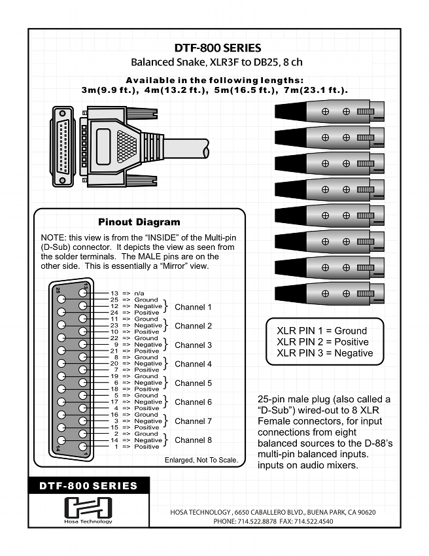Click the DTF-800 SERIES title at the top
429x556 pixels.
pyautogui.click(x=218, y=48)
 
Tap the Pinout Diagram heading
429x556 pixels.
pyautogui.click(x=139, y=222)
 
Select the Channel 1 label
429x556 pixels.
pyautogui.click(x=193, y=306)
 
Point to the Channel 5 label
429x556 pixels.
pyautogui.click(x=193, y=383)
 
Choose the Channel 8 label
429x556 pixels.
pyautogui.click(x=193, y=440)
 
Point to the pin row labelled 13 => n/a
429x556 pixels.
pyautogui.click(x=127, y=294)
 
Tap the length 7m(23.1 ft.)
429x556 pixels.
pyautogui.click(x=312, y=90)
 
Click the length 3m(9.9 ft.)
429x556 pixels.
pyautogui.click(x=109, y=90)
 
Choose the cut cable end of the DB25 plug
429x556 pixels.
pyautogui.click(x=205, y=150)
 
